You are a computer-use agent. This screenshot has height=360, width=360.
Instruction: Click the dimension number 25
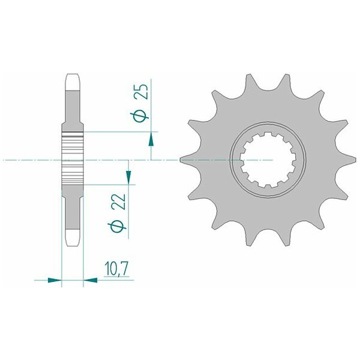click(x=141, y=91)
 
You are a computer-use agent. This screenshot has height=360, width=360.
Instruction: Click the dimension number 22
click(x=119, y=202)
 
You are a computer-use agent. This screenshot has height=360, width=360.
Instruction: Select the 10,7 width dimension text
click(x=116, y=269)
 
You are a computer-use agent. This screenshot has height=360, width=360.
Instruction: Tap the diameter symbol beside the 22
click(x=117, y=227)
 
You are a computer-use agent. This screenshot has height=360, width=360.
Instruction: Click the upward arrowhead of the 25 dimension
click(x=151, y=139)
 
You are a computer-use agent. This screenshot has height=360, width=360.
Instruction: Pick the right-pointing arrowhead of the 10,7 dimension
click(x=55, y=280)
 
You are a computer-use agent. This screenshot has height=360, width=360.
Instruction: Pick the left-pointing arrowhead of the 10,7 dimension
click(x=90, y=280)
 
